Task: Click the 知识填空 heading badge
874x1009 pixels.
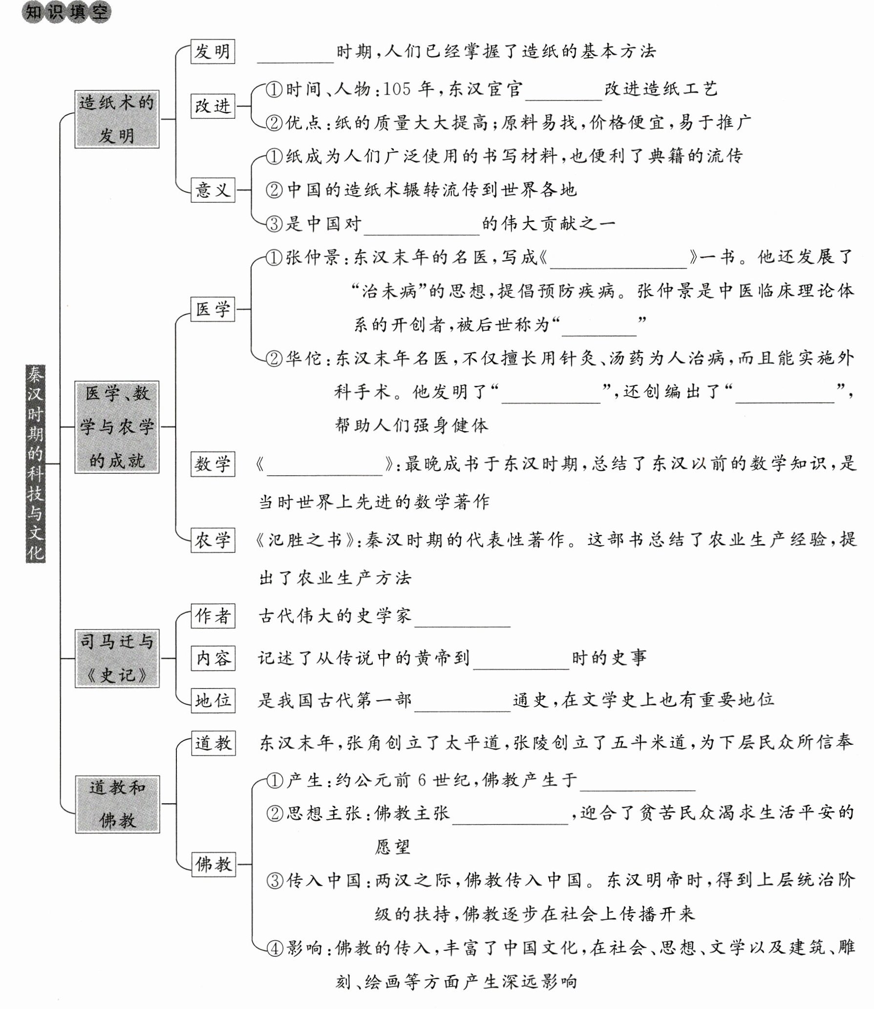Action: coord(66,12)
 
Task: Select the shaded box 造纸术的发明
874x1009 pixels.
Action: coord(117,119)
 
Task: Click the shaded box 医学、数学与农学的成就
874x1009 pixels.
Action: coord(117,427)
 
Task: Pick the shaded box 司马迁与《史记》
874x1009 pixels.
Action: coord(117,658)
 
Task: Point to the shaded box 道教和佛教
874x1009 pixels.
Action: coord(117,804)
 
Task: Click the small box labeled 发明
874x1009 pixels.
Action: coord(213,51)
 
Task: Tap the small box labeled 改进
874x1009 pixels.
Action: coord(213,106)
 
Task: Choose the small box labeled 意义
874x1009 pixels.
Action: coord(213,189)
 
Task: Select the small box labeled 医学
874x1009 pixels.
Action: coord(213,309)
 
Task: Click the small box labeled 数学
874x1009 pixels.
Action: coord(213,463)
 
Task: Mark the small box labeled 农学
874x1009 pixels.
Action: coord(213,540)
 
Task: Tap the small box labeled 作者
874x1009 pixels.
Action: coord(213,616)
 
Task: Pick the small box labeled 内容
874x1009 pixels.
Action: coord(213,658)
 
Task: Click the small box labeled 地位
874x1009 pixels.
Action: coord(213,701)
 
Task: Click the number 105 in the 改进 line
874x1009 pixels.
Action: coord(397,89)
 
